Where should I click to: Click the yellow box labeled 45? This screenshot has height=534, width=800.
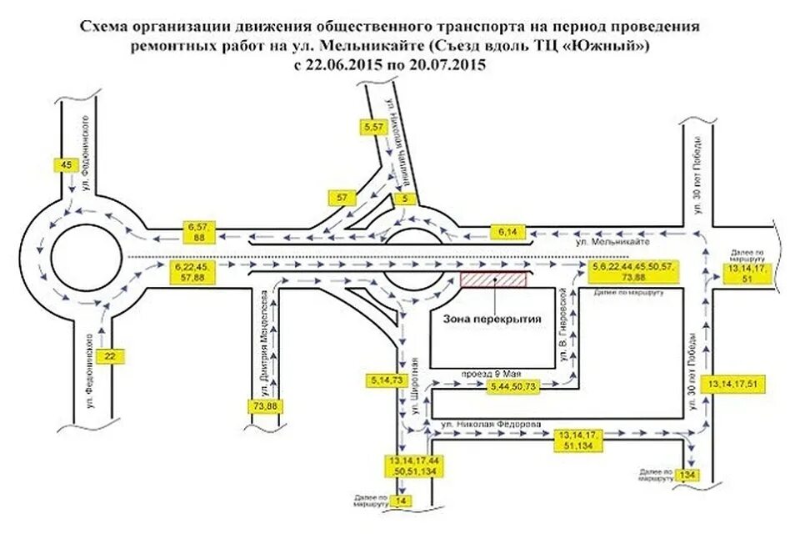67,164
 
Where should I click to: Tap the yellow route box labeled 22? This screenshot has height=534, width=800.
109,356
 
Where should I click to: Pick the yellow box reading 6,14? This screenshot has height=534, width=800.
508,229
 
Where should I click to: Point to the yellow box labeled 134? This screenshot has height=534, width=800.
687,475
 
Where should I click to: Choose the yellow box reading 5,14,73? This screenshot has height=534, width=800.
385,380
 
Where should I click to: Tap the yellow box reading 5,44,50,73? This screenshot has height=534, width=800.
514,386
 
